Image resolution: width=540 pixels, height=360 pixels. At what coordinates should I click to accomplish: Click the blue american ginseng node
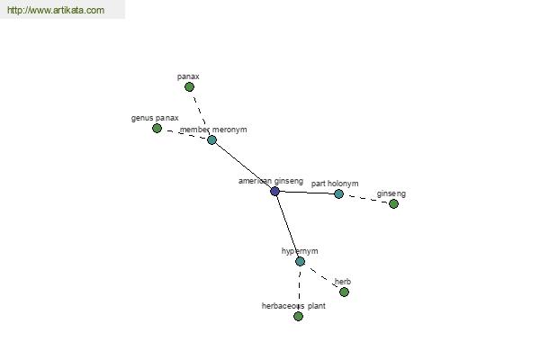(274, 191)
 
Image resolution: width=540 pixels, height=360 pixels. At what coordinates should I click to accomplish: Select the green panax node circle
(189, 86)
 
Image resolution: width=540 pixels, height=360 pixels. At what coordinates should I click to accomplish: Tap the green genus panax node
(157, 128)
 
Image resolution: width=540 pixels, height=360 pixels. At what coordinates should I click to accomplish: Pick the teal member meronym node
(211, 139)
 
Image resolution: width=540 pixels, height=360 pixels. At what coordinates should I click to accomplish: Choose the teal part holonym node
(339, 194)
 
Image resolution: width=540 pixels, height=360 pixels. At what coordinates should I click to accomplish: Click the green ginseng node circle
(393, 204)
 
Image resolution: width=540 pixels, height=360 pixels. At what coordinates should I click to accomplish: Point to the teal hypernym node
(300, 262)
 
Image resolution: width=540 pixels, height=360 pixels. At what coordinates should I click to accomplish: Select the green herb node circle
(344, 292)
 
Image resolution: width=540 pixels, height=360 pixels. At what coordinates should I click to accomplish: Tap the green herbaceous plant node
(298, 316)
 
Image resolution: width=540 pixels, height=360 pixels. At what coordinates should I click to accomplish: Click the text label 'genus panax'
(155, 118)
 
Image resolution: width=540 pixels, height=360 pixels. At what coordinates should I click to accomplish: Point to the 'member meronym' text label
(213, 130)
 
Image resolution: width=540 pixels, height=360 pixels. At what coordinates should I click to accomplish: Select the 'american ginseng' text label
(271, 181)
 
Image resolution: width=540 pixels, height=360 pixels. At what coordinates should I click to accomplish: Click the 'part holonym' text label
(335, 184)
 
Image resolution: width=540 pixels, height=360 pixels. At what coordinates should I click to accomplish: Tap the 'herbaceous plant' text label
(293, 306)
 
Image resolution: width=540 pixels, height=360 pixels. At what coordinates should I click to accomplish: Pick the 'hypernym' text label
(300, 251)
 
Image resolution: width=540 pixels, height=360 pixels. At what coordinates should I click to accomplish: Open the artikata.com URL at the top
(56, 10)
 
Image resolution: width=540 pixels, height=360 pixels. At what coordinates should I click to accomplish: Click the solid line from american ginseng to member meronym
(243, 166)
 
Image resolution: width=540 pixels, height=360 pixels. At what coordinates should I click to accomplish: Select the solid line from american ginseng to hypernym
(288, 226)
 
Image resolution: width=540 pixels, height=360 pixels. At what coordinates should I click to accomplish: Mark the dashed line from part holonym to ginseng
(366, 199)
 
